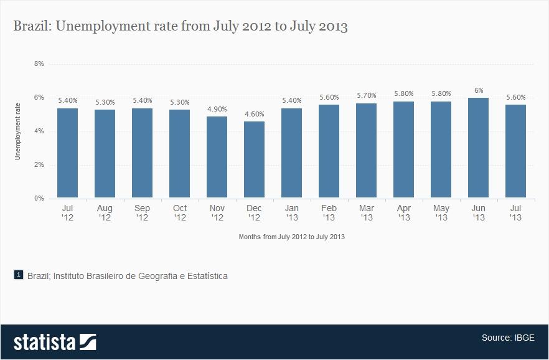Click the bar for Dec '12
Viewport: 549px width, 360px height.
point(254,159)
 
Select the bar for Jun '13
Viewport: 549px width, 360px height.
point(478,148)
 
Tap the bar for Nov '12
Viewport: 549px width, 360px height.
point(217,157)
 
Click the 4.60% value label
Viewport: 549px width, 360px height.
point(254,114)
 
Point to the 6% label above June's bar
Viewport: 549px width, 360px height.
point(478,90)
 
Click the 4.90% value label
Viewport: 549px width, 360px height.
point(217,109)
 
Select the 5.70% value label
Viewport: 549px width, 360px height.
point(366,95)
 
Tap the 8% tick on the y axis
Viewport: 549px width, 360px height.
point(39,64)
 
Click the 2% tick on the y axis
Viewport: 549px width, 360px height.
point(39,165)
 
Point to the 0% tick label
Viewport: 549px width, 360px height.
point(39,199)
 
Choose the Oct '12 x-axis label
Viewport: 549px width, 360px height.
point(179,213)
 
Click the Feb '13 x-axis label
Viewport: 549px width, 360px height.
point(329,213)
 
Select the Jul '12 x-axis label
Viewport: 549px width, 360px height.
point(67,213)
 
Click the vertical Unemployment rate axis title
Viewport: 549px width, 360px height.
point(18,131)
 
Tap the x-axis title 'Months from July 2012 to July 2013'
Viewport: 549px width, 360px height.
point(291,237)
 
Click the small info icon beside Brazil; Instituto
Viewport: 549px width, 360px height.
point(19,275)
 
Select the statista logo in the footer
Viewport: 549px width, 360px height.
point(55,342)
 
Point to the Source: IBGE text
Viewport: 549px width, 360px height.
point(507,338)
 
